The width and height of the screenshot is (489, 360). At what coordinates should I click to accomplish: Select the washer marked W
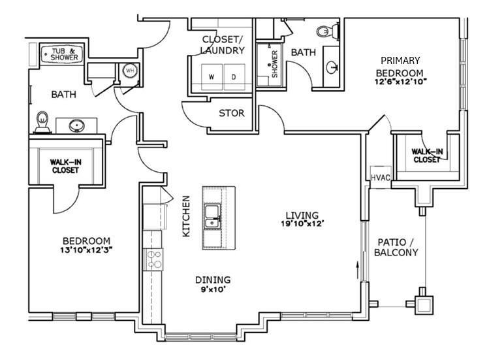tap(211, 76)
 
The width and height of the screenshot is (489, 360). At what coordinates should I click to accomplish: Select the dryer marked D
tap(233, 76)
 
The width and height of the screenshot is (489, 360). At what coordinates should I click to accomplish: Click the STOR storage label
tap(231, 113)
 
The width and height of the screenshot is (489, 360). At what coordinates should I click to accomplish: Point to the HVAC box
tap(379, 176)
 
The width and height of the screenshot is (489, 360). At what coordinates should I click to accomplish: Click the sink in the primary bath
tap(333, 66)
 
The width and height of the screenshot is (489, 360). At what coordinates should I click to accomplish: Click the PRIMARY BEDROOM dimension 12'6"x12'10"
tap(399, 82)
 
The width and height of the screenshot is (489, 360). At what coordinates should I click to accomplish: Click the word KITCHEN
tap(186, 216)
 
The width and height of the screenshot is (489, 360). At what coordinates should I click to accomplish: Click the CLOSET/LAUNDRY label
tap(223, 44)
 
